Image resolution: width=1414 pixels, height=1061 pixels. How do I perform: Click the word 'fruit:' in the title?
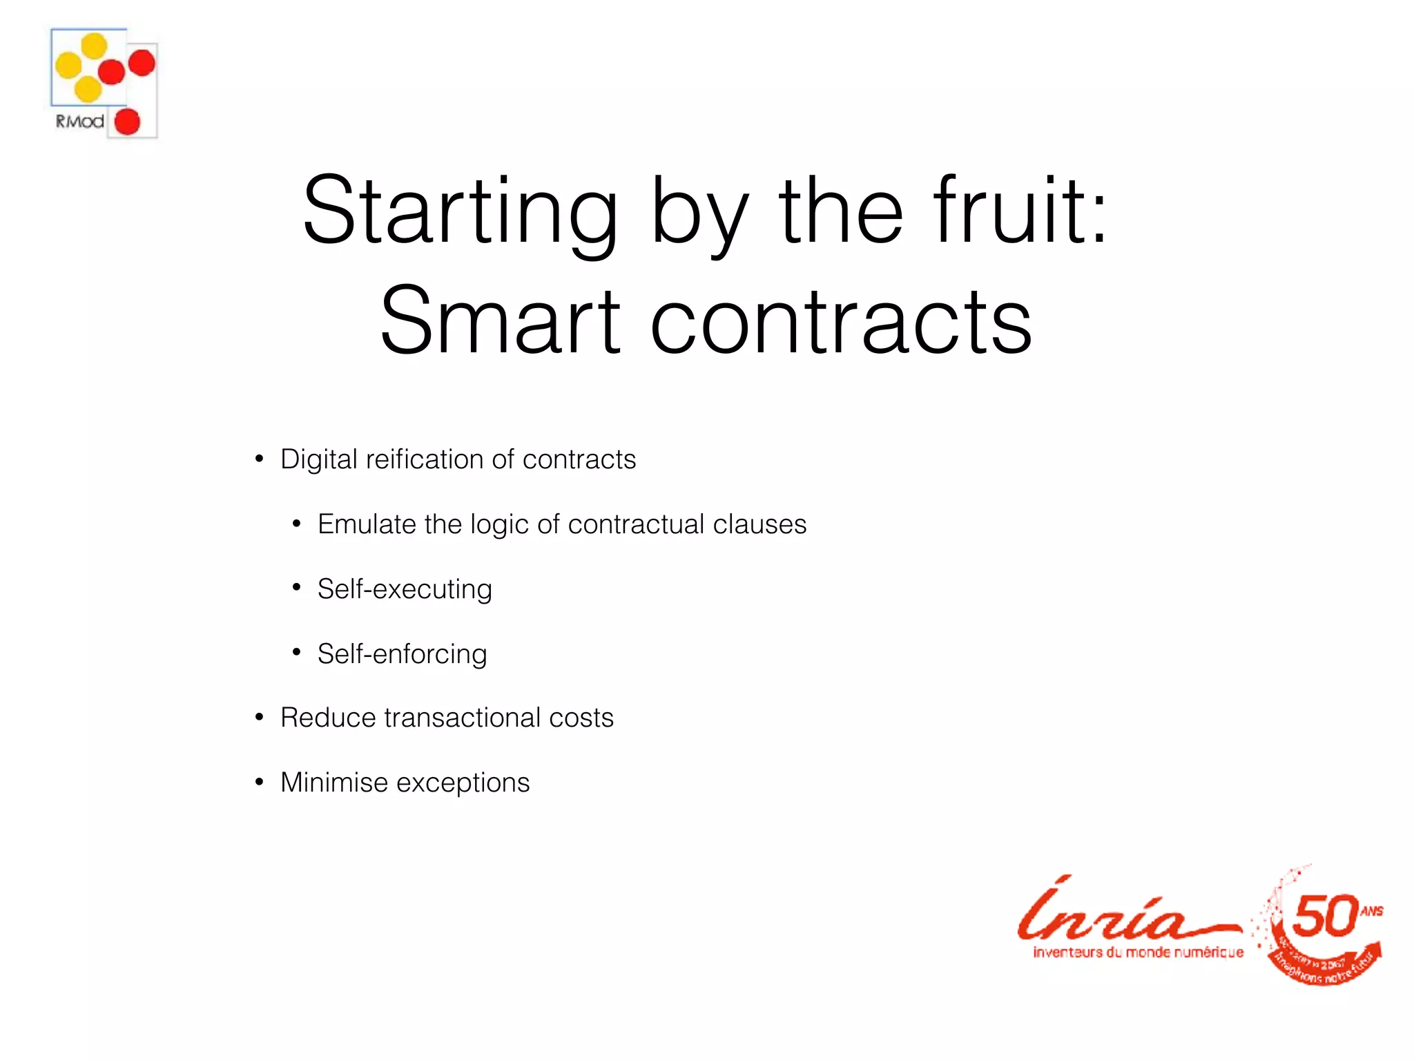pyautogui.click(x=1020, y=211)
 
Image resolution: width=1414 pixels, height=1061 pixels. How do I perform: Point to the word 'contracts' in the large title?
pyautogui.click(x=841, y=322)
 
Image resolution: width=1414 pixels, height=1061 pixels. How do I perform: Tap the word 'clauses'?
pyautogui.click(x=759, y=524)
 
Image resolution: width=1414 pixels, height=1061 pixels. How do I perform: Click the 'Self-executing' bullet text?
pyautogui.click(x=405, y=589)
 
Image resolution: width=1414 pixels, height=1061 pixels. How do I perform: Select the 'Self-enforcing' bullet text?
pyautogui.click(x=402, y=654)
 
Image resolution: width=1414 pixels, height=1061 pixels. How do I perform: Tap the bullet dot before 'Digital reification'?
pyautogui.click(x=260, y=459)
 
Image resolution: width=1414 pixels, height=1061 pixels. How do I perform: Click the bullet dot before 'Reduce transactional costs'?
pyautogui.click(x=260, y=718)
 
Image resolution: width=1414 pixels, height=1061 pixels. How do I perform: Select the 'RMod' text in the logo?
pyautogui.click(x=79, y=122)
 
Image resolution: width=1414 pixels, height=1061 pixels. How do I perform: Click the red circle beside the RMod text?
pyautogui.click(x=127, y=122)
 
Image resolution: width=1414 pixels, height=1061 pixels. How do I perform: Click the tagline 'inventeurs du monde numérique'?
pyautogui.click(x=1138, y=953)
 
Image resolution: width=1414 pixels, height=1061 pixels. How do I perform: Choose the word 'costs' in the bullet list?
pyautogui.click(x=581, y=718)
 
